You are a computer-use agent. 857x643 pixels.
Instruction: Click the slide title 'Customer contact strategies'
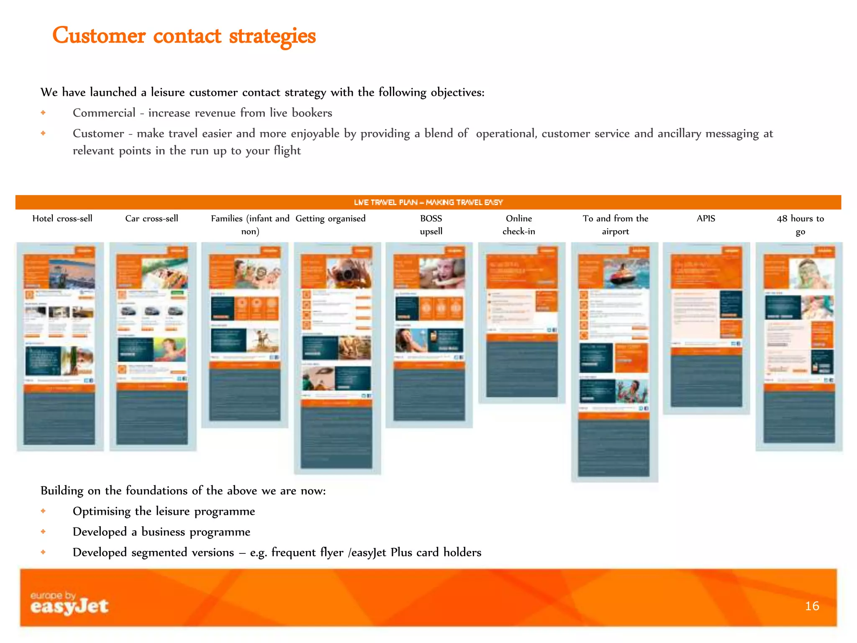tap(184, 36)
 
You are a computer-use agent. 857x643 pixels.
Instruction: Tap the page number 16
tap(812, 606)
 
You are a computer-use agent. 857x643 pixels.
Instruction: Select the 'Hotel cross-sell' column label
tap(62, 219)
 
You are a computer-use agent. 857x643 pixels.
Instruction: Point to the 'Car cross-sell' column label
tap(151, 219)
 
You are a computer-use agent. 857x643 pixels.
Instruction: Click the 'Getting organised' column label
tap(331, 219)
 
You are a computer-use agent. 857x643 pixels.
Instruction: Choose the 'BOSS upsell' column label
tap(431, 225)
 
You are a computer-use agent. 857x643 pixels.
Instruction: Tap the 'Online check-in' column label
tap(519, 225)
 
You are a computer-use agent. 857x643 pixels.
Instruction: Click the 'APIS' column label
tap(706, 219)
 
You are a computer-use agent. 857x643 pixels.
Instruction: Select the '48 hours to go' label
tap(800, 225)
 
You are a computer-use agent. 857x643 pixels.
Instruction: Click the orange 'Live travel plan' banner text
tap(428, 203)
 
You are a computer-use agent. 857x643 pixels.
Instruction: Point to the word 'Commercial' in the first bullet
tap(104, 113)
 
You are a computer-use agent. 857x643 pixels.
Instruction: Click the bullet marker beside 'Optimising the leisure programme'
tap(43, 511)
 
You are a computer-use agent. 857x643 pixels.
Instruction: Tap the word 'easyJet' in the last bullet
tap(369, 553)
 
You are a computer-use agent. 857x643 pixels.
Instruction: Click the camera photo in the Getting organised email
tap(348, 273)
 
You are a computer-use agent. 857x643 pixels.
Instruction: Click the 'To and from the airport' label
tap(615, 225)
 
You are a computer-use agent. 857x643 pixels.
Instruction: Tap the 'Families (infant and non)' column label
tap(250, 225)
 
